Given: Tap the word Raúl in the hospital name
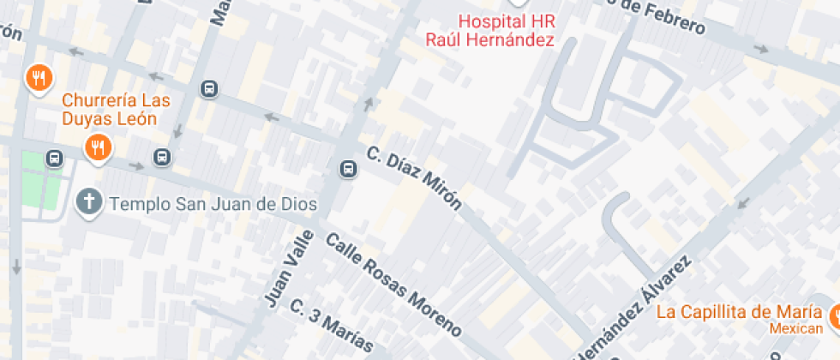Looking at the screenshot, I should coord(445,39).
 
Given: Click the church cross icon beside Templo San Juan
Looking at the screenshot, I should coord(87,203).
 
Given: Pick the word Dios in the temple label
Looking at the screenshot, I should coord(300,204).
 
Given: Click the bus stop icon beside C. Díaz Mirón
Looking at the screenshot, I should coord(348,169).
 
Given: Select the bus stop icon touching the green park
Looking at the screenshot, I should coord(55,158).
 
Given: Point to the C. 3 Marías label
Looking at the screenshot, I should coord(332,326).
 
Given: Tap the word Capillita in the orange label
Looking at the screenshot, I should coord(722,312).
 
